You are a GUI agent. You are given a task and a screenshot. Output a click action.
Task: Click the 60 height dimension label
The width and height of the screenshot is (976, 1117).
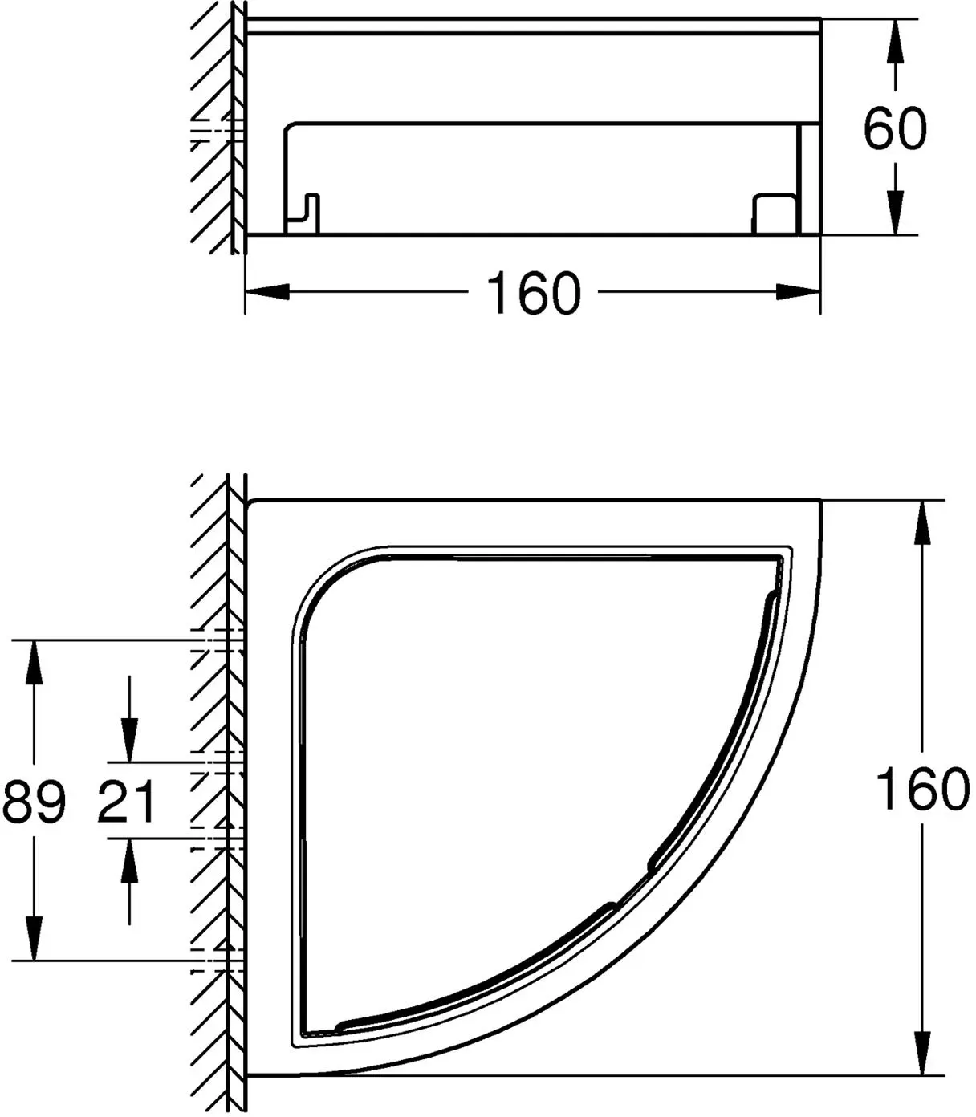(895, 128)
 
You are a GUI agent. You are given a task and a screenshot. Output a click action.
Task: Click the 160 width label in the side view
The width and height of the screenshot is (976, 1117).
(533, 293)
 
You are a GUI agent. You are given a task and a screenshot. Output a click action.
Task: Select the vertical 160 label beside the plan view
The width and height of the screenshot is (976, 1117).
(922, 789)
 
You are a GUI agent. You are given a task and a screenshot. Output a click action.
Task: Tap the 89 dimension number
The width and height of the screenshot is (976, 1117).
(34, 801)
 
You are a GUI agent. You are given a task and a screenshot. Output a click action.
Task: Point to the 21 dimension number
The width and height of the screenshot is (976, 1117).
(127, 801)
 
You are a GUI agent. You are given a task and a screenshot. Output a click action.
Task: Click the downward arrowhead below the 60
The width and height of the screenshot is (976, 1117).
(895, 213)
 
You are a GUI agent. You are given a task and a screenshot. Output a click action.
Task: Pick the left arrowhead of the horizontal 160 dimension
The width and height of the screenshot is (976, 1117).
(267, 291)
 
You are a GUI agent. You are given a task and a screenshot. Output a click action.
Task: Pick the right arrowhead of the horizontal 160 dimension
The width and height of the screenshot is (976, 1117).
(799, 291)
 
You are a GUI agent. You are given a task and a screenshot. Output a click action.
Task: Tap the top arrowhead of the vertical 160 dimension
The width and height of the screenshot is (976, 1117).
(922, 522)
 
